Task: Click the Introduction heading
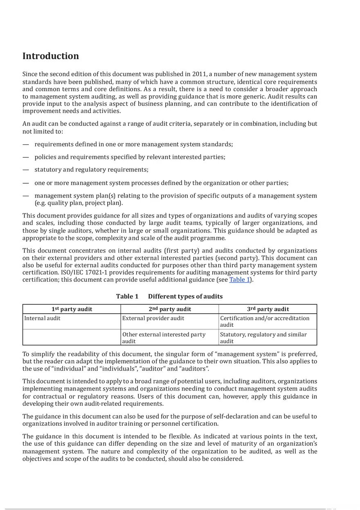click(50, 56)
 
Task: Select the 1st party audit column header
click(72, 309)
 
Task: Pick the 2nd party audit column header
click(170, 309)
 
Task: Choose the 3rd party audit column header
click(268, 309)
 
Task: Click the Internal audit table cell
click(42, 318)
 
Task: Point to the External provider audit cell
click(153, 318)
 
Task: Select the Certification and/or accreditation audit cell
click(265, 321)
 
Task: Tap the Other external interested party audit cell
click(164, 338)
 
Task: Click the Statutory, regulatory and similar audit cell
click(263, 338)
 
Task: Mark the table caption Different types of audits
click(185, 297)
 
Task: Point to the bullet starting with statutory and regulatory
click(91, 170)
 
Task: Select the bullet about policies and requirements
click(130, 157)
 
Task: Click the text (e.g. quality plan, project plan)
click(79, 203)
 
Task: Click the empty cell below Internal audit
click(72, 338)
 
